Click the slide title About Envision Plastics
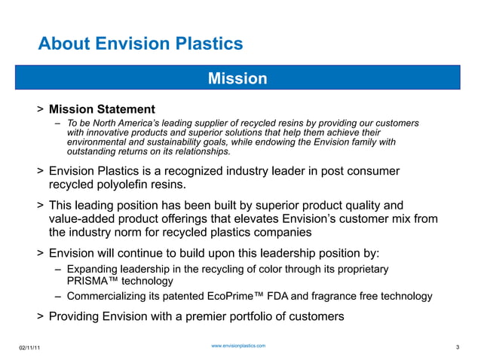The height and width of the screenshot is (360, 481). pyautogui.click(x=140, y=44)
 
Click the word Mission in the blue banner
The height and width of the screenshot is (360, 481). pyautogui.click(x=237, y=78)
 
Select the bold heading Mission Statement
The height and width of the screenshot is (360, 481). pyautogui.click(x=102, y=110)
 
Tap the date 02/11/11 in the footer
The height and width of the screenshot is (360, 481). pyautogui.click(x=30, y=346)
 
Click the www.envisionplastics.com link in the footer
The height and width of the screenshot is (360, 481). pyautogui.click(x=237, y=345)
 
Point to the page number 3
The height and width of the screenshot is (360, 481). pyautogui.click(x=458, y=346)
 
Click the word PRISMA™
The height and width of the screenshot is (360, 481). pyautogui.click(x=87, y=281)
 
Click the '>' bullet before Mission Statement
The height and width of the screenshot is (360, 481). pyautogui.click(x=39, y=111)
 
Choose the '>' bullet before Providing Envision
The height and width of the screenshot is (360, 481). pyautogui.click(x=39, y=316)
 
